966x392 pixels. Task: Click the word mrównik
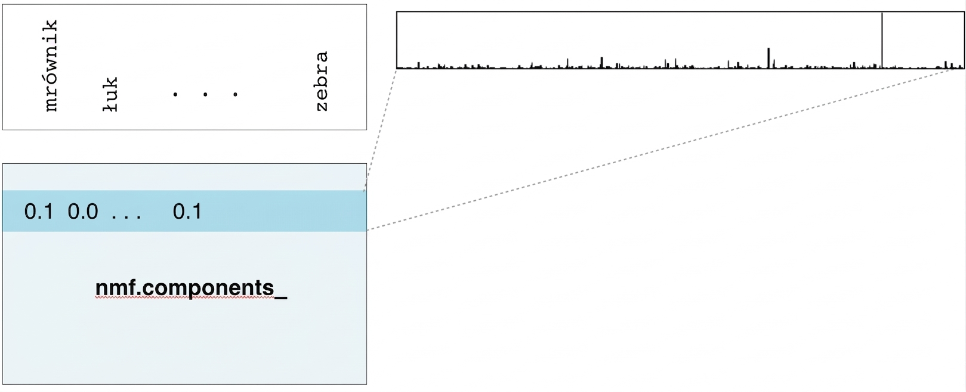51,66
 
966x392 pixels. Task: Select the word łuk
110,94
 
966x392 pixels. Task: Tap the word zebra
322,81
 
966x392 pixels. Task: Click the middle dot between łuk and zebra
205,94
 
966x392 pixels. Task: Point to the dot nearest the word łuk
175,94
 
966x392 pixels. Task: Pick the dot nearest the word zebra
235,94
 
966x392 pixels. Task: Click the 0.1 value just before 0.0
39,212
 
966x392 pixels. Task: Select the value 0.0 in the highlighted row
83,212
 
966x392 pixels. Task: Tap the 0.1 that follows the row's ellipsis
187,212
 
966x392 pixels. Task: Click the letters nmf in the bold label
116,288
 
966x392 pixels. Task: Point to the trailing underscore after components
281,298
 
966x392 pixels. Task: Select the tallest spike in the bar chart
882,40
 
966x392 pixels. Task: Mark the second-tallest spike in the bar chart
769,58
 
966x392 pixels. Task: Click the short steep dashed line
380,130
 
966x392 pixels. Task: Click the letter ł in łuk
110,106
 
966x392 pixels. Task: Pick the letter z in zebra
322,106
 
